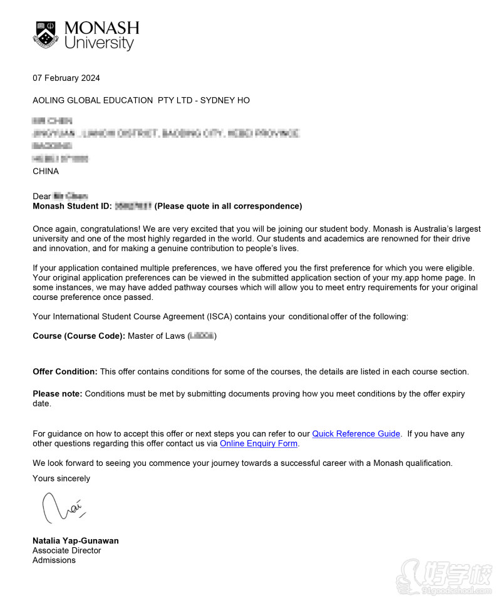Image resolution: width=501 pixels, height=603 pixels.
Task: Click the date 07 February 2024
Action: (x=66, y=78)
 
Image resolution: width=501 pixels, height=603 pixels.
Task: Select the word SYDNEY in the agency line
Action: (x=216, y=100)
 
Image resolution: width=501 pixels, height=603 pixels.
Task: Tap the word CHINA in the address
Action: (x=46, y=171)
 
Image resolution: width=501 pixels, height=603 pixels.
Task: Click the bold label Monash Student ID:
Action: (x=72, y=206)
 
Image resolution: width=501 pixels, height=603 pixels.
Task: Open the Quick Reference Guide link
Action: (x=356, y=434)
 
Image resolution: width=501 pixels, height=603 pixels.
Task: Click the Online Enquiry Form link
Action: (x=259, y=444)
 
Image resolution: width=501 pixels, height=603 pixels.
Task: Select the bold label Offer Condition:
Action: (x=65, y=372)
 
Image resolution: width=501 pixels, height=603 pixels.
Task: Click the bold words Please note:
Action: (x=57, y=394)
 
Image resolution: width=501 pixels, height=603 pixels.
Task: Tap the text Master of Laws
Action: (x=156, y=336)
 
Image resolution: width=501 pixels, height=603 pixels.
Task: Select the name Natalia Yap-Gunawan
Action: (x=75, y=541)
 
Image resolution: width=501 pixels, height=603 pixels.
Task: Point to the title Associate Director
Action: (x=66, y=550)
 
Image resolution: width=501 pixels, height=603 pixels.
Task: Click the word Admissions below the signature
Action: (x=54, y=560)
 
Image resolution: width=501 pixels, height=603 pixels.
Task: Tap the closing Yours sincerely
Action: (x=61, y=478)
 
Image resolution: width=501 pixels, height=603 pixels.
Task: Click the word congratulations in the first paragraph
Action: (x=107, y=229)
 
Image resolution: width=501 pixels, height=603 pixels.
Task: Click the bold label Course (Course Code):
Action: (x=79, y=336)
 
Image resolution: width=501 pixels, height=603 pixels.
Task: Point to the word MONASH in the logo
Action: (x=101, y=28)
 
